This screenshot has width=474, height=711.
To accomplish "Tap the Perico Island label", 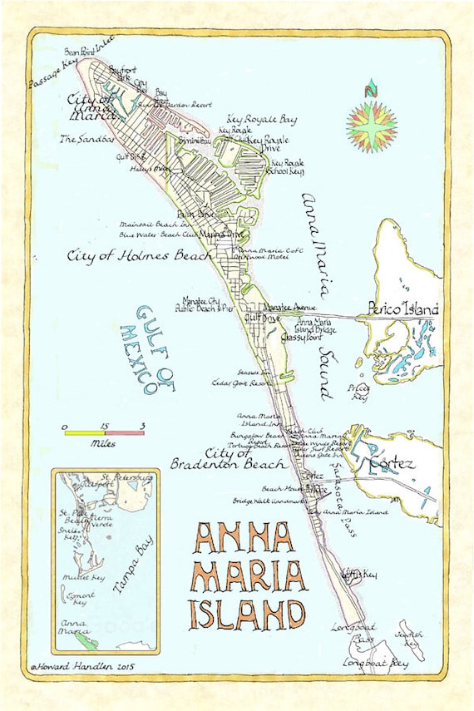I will point(403,309).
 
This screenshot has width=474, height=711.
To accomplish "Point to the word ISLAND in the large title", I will point(245,614).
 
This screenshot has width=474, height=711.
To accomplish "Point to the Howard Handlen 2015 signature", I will point(83,665).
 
